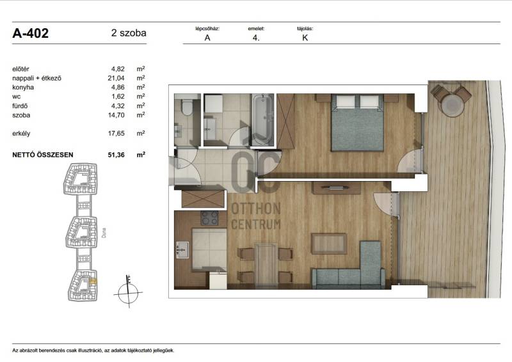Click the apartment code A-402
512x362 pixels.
coord(30,33)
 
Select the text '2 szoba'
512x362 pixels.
coord(129,33)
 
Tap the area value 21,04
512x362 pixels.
coord(116,78)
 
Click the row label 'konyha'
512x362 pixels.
coord(23,88)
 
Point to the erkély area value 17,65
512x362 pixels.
coord(116,133)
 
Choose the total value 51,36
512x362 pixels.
coord(116,155)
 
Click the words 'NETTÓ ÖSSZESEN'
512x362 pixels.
coord(43,155)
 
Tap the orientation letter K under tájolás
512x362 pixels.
coord(305,38)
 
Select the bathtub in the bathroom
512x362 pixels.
coord(262,120)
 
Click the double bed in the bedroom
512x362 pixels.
coord(357,123)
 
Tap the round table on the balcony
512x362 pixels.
coord(452,104)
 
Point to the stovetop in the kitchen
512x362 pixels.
coord(209,218)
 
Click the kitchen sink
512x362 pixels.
coord(182,249)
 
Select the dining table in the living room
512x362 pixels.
coord(266,264)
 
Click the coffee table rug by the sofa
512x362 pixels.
coord(329,244)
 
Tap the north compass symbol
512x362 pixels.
coord(128,292)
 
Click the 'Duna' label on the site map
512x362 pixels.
coord(104,232)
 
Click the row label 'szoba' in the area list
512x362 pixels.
coord(21,115)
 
